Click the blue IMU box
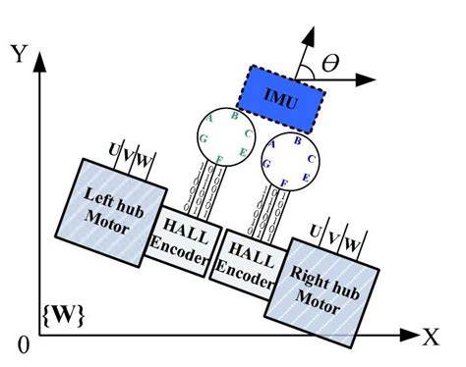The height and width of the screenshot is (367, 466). (283, 96)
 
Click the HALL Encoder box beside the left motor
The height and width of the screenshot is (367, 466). (182, 240)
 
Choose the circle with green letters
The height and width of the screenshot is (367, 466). (223, 136)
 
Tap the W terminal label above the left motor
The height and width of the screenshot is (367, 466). (145, 159)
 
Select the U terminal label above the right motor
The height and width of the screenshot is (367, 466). (315, 231)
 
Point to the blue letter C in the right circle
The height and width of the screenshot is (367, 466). (311, 157)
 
